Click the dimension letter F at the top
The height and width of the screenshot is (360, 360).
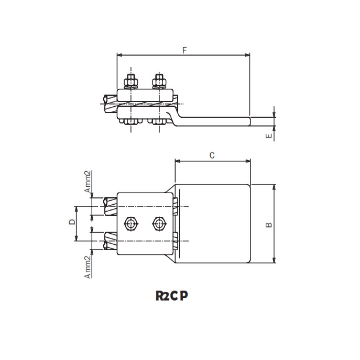coord(184,50)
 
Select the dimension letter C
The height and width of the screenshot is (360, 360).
coord(212,155)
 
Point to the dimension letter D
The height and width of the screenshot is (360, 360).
coord(72,222)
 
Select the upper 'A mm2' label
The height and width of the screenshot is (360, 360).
coord(87,182)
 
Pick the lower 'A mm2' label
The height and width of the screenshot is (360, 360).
coord(87,267)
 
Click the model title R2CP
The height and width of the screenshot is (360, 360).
coord(172,296)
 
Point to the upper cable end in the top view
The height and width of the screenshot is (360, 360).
coord(110,206)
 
